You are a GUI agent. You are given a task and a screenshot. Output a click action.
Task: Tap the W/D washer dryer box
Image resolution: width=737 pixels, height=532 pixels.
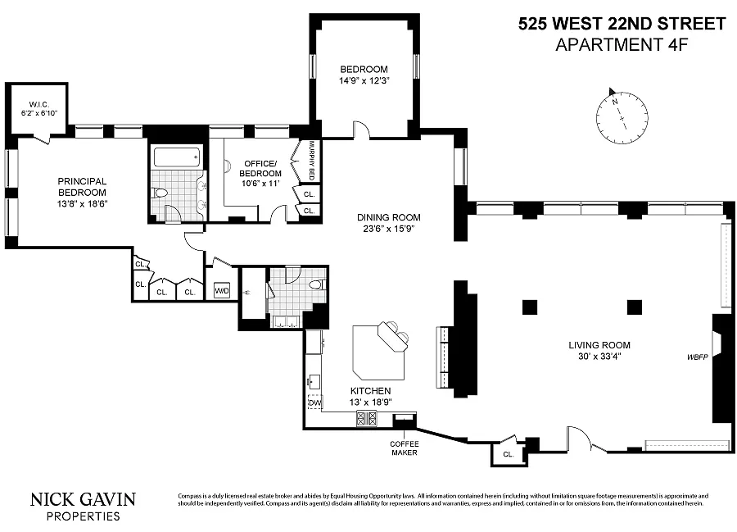click(221, 291)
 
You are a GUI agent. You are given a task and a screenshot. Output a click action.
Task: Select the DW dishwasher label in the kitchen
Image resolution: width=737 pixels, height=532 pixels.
click(314, 403)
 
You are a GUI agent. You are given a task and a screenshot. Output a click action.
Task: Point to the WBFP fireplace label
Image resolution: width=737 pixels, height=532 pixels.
click(697, 357)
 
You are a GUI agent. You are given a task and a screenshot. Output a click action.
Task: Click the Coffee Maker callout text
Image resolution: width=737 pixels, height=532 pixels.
click(404, 448)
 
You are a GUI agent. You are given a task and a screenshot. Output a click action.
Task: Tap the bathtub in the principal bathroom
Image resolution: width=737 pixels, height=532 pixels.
click(176, 157)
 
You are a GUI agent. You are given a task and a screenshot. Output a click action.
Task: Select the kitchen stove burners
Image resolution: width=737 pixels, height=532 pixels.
click(367, 419)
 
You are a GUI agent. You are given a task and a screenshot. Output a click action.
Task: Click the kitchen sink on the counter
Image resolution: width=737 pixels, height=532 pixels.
click(314, 382)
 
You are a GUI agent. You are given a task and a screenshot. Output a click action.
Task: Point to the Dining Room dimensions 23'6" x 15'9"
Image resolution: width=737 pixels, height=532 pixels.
click(389, 229)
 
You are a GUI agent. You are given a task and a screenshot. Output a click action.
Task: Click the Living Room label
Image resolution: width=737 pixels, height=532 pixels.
click(599, 345)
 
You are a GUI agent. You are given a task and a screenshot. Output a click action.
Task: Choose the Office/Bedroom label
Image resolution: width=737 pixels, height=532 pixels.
click(260, 168)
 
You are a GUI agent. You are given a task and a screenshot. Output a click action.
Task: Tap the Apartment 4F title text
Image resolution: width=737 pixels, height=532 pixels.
click(622, 45)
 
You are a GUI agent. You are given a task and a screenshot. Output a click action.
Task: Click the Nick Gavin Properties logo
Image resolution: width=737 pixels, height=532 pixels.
click(84, 506)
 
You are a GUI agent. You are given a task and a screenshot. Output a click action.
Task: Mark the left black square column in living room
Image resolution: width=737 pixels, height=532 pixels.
click(530, 307)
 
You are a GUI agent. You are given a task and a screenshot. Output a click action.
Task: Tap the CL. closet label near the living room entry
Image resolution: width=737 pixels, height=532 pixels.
click(508, 454)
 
